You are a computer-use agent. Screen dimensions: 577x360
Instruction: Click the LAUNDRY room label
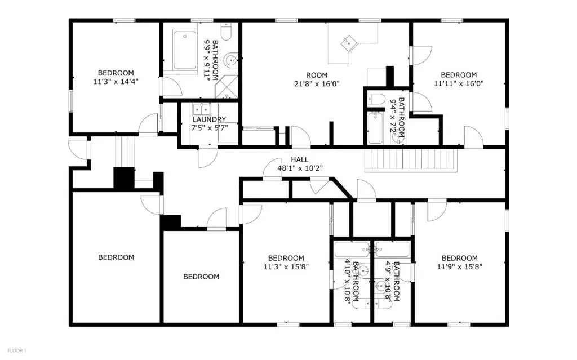click(x=209, y=119)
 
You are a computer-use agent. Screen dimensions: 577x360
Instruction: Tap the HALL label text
click(x=300, y=160)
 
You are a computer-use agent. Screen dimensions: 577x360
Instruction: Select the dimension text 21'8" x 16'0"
click(x=317, y=84)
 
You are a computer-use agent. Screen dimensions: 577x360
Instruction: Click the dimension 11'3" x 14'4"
click(x=116, y=81)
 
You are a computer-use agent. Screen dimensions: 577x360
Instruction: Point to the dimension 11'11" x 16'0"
click(x=459, y=83)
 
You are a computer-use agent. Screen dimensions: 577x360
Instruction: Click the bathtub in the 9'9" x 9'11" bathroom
click(x=185, y=50)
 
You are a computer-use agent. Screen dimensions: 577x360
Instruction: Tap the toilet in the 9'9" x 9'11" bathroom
click(x=225, y=32)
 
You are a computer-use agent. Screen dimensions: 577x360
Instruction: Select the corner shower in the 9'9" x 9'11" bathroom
click(x=227, y=87)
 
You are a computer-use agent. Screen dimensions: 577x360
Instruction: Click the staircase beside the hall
click(x=411, y=160)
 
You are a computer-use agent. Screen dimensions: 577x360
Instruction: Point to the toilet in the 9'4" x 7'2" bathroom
click(x=376, y=99)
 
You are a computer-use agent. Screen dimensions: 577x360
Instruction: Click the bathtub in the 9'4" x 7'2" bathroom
click(x=375, y=128)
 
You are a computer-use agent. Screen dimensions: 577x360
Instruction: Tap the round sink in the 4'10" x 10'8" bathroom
click(x=363, y=270)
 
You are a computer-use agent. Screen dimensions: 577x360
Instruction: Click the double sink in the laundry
click(x=201, y=109)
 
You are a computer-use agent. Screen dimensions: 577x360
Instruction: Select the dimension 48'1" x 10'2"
click(x=300, y=168)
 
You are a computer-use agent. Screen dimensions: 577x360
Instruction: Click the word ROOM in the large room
click(x=317, y=75)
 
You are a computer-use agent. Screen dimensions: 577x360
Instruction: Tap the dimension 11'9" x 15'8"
click(x=459, y=267)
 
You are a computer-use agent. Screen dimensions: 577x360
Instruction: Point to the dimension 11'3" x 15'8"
click(x=286, y=267)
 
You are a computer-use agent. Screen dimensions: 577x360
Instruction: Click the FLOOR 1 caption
click(x=17, y=350)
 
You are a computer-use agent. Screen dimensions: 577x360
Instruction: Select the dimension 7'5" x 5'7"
click(x=210, y=128)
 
